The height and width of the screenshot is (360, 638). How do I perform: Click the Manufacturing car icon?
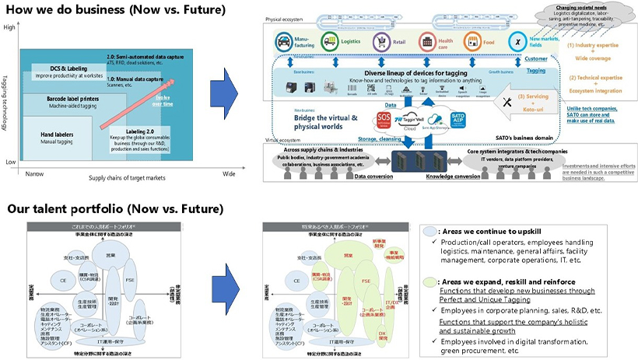pyautogui.click(x=281, y=40)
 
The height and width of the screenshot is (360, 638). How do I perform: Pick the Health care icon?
pyautogui.click(x=426, y=40)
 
